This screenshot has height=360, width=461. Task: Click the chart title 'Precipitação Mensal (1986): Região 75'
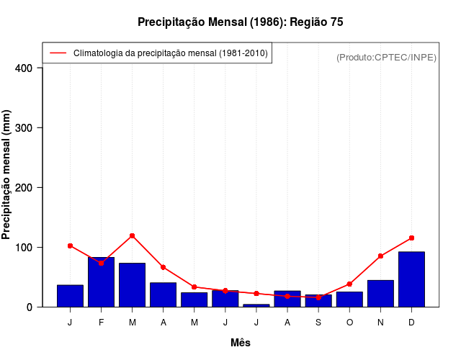pyautogui.click(x=240, y=22)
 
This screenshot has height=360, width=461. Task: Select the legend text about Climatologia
pyautogui.click(x=171, y=53)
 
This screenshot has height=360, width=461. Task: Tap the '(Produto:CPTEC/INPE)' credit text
pyautogui.click(x=386, y=57)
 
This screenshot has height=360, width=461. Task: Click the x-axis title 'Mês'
pyautogui.click(x=241, y=343)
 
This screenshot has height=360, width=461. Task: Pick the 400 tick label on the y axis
pyautogui.click(x=24, y=68)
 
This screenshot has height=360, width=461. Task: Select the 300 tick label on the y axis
pyautogui.click(x=24, y=128)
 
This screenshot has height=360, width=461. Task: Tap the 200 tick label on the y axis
pyautogui.click(x=24, y=188)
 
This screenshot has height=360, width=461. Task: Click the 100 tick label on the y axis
pyautogui.click(x=24, y=248)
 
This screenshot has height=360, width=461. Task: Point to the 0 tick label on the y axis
pyautogui.click(x=30, y=307)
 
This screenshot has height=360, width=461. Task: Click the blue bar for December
pyautogui.click(x=411, y=279)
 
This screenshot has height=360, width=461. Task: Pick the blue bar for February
pyautogui.click(x=101, y=282)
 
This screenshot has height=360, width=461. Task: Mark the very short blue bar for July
pyautogui.click(x=256, y=305)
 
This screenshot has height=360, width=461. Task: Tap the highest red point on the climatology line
pyautogui.click(x=133, y=235)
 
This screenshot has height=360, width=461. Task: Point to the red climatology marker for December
pyautogui.click(x=411, y=238)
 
